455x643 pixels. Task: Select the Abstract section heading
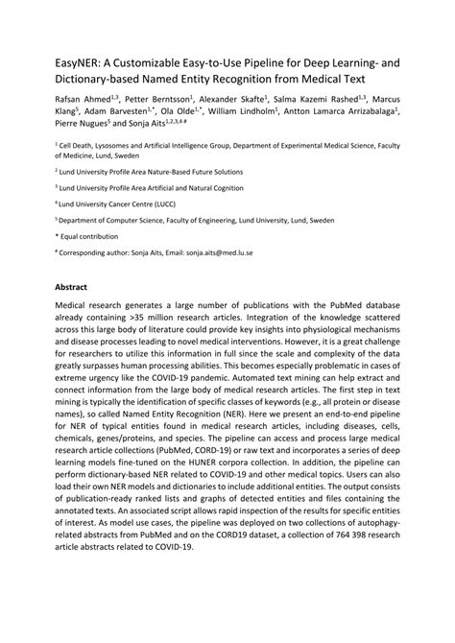[x=72, y=287]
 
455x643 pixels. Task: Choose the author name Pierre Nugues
[x=84, y=124]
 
